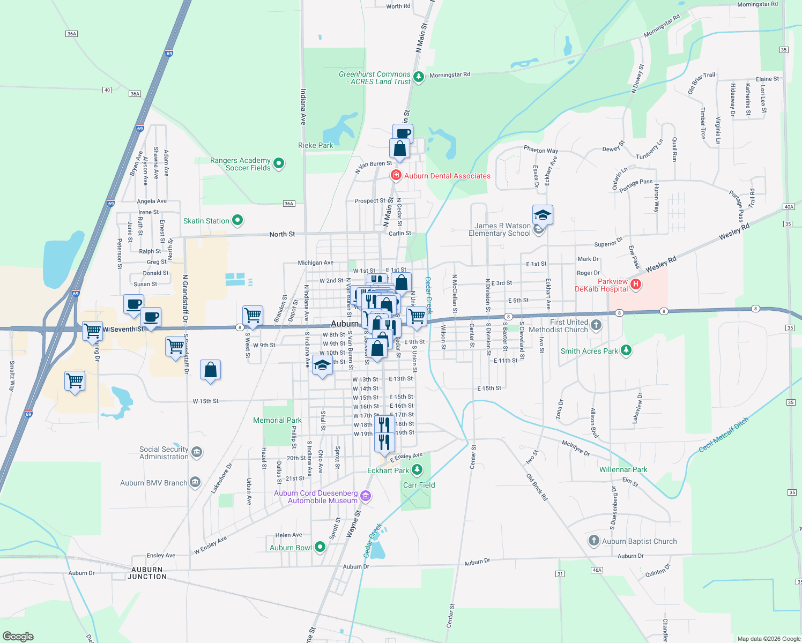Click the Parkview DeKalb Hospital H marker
[x=636, y=285]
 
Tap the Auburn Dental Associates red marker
[x=396, y=175]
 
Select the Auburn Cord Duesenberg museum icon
[x=366, y=496]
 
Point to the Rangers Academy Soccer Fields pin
[x=279, y=163]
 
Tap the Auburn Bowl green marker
[x=320, y=547]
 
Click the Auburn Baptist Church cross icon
[x=593, y=541]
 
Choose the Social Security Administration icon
[x=197, y=452]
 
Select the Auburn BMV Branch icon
[x=195, y=482]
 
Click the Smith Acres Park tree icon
[x=626, y=350]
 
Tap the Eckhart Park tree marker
[x=417, y=470]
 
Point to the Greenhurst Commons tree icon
[x=419, y=77]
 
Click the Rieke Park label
[x=315, y=145]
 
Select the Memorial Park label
[x=277, y=420]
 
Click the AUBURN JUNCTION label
[x=147, y=573]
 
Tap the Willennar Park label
[x=623, y=469]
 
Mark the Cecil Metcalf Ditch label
[x=723, y=435]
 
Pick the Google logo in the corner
[x=18, y=637]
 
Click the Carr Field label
[x=419, y=485]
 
